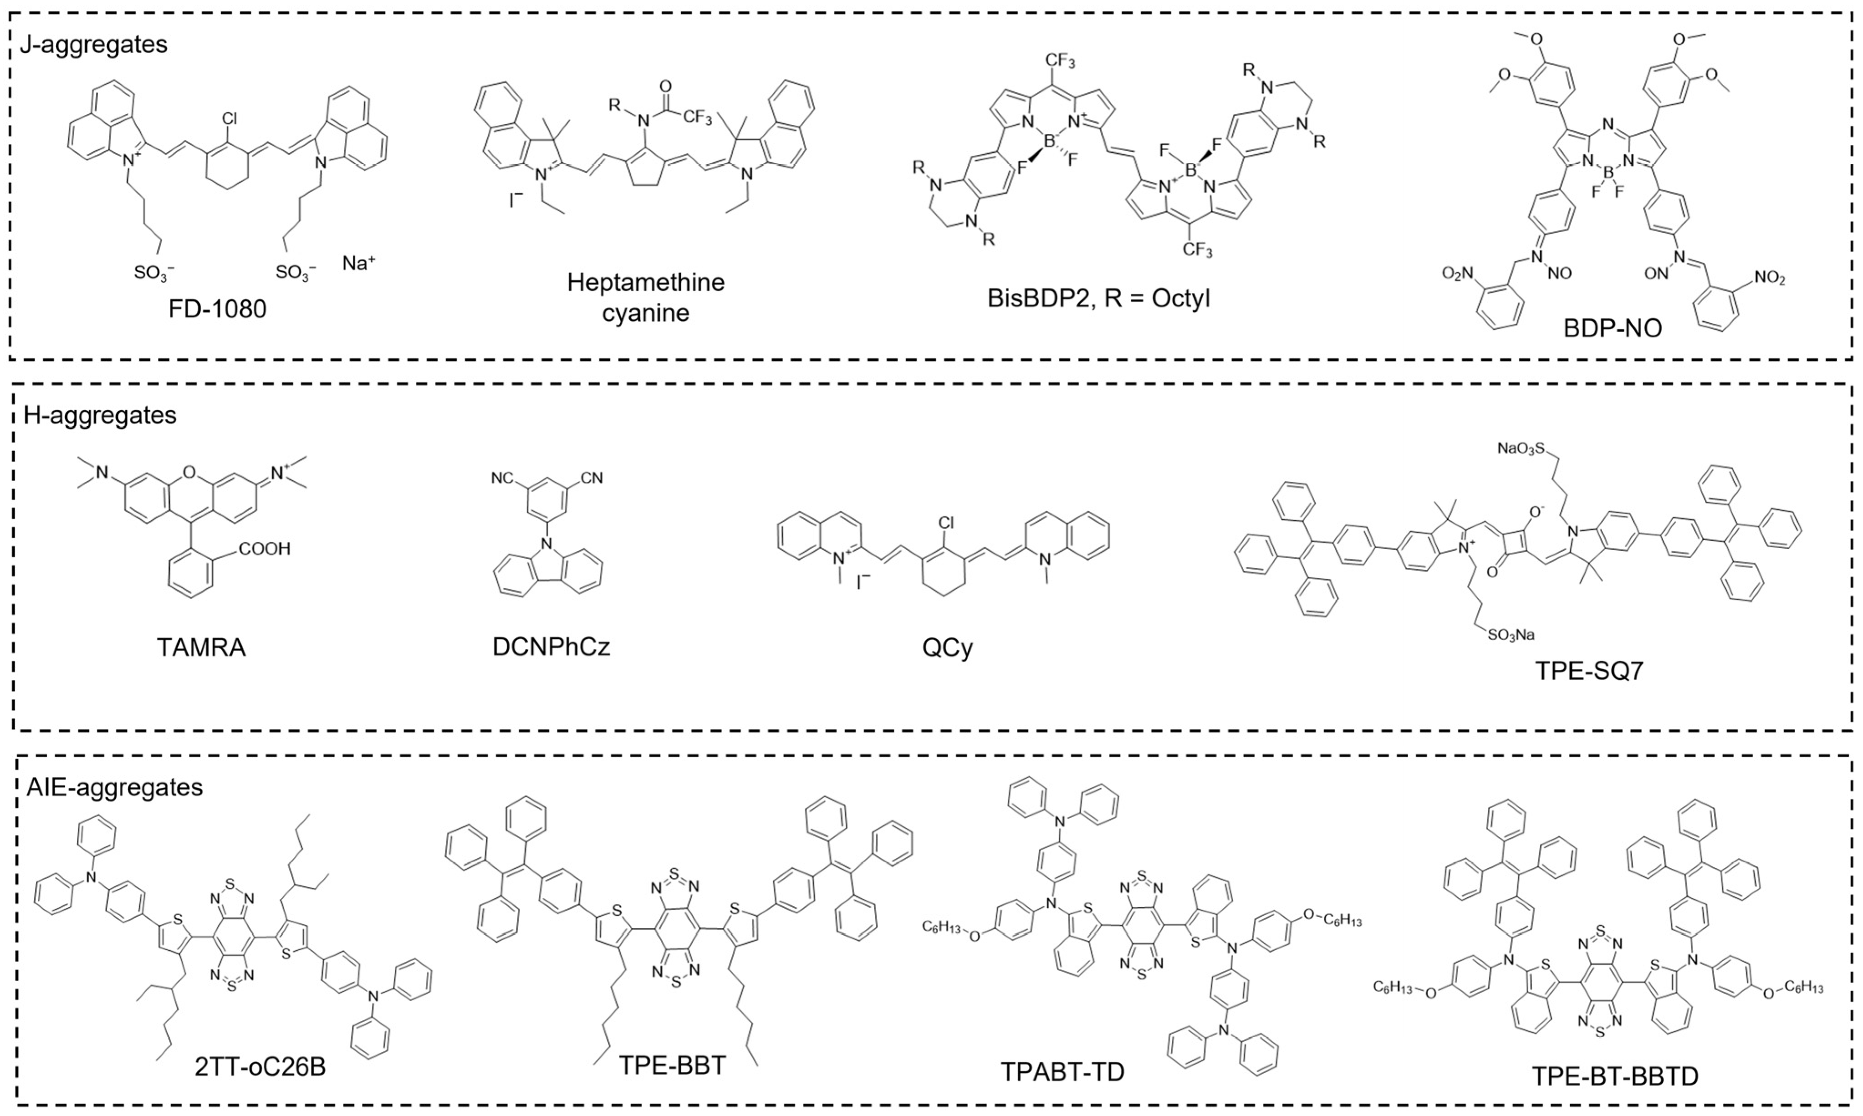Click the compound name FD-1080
click(x=217, y=309)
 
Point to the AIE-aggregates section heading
click(x=114, y=787)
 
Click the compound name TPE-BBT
click(x=673, y=1065)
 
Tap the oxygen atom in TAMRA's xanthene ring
click(x=189, y=473)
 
